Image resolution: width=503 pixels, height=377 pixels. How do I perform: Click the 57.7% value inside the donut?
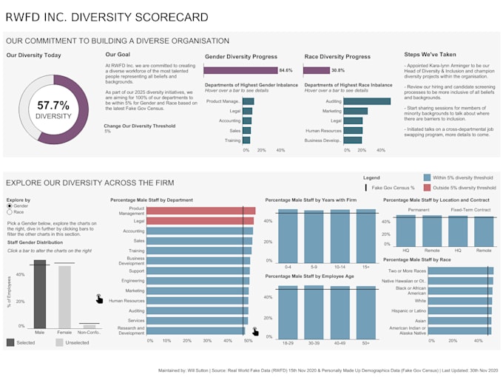click(x=53, y=106)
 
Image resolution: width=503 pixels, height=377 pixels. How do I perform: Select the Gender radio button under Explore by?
click(x=10, y=206)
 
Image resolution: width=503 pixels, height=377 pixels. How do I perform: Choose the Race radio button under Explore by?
click(x=10, y=212)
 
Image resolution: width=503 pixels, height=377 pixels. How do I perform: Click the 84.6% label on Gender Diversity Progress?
click(x=286, y=70)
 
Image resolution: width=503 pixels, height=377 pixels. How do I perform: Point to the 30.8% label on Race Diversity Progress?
click(x=338, y=70)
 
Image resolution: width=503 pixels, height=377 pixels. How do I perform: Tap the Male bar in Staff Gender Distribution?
click(x=40, y=294)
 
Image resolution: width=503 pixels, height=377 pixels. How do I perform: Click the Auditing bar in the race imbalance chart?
click(x=357, y=101)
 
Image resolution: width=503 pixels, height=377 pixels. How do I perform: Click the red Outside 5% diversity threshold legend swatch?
click(x=428, y=188)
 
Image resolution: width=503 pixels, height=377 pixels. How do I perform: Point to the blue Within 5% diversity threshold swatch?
click(x=428, y=178)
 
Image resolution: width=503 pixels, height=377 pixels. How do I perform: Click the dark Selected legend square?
click(x=10, y=342)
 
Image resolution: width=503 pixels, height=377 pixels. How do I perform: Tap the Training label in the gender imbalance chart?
click(x=232, y=140)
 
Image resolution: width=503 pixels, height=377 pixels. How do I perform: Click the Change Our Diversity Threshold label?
click(x=138, y=126)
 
